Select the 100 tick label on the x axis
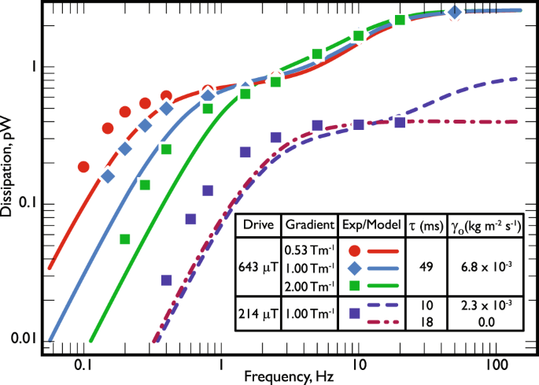tap(494, 365)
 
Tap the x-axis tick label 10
tap(358, 365)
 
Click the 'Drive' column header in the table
tap(258, 224)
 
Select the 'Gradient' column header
tap(308, 224)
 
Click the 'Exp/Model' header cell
tap(367, 224)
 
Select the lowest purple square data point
tap(166, 279)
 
